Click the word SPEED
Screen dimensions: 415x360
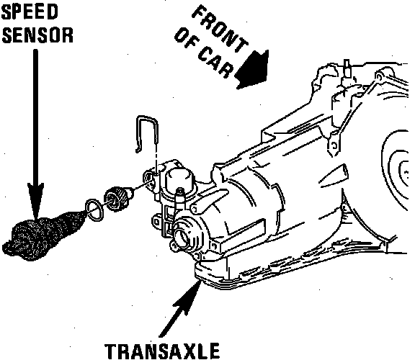[30, 12]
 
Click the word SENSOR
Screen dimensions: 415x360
[37, 35]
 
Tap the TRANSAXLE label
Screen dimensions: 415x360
[162, 351]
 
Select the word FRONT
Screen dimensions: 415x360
[220, 29]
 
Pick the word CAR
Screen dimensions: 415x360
[215, 63]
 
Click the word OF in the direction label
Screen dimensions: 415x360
[185, 38]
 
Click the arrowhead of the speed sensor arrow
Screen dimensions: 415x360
[35, 200]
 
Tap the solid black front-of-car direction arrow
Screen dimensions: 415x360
[252, 69]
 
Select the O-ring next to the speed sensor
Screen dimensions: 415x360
[94, 210]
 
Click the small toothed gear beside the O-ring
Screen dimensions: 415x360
[117, 198]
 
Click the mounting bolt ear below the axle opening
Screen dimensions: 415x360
[174, 246]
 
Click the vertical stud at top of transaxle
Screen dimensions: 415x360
[347, 69]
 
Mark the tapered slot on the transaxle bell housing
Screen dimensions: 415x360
[334, 176]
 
